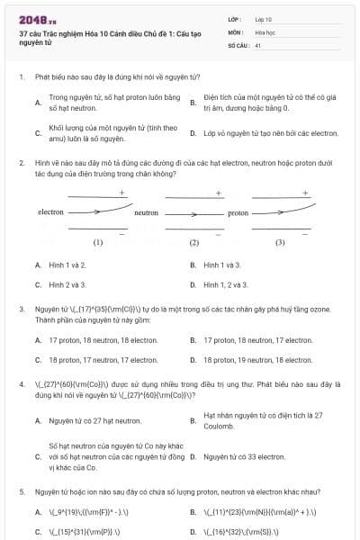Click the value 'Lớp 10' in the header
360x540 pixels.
[x=263, y=19]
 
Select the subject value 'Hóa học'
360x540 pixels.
[x=265, y=31]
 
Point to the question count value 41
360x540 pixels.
[x=258, y=44]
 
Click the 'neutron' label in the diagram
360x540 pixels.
[x=146, y=213]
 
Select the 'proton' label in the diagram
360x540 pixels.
[x=238, y=213]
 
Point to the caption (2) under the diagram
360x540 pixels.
[x=193, y=242]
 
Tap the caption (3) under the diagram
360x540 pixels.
[x=280, y=242]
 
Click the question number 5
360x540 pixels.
[x=21, y=492]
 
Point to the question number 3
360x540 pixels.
[x=21, y=308]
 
